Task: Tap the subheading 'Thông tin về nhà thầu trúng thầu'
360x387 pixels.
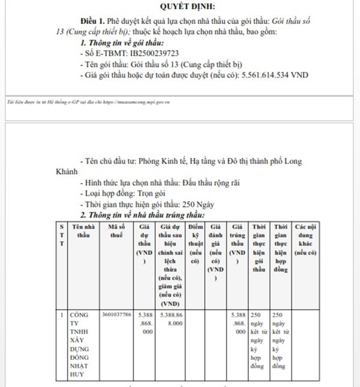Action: point(147,215)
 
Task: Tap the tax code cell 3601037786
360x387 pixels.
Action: point(116,314)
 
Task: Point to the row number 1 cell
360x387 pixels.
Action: point(62,314)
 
